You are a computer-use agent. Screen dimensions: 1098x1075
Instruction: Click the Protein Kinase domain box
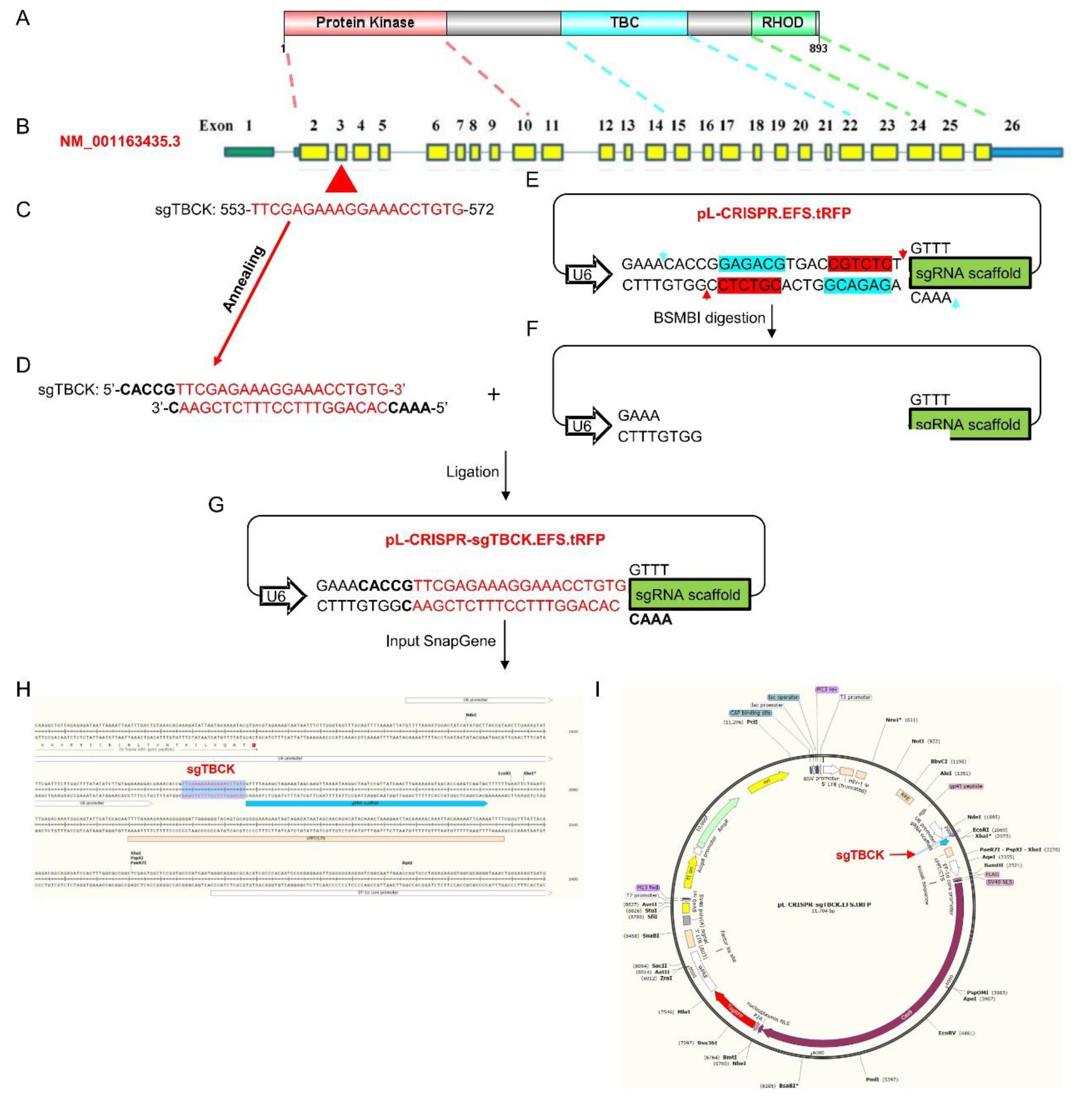point(365,23)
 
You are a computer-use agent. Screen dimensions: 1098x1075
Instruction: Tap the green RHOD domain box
point(783,23)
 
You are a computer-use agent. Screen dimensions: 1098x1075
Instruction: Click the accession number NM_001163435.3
point(120,141)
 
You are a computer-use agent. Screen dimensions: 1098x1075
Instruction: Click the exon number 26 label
point(1012,125)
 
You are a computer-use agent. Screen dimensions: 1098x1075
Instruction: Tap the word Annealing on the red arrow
point(243,279)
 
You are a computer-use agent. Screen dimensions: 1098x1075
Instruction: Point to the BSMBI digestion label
point(709,318)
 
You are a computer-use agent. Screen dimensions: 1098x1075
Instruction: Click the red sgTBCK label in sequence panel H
point(210,769)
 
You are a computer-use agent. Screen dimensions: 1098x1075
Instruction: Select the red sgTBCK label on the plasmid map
point(859,855)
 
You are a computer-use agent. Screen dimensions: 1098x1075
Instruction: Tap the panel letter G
point(216,504)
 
